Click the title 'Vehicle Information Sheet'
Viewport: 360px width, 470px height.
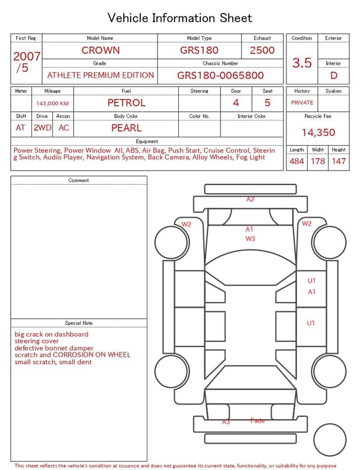point(180,17)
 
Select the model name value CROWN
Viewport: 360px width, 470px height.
point(100,50)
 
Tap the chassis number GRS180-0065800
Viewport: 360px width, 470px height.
point(220,75)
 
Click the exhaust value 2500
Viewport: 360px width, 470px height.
point(262,50)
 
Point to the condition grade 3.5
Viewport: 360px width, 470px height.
point(302,63)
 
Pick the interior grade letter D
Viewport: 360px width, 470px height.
point(334,75)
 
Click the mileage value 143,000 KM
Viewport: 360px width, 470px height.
point(52,104)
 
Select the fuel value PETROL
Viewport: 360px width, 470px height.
point(127,102)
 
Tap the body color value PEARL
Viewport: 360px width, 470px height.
point(127,128)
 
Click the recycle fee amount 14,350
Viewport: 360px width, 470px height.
point(318,133)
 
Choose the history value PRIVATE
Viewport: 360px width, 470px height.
point(302,103)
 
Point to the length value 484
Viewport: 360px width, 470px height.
point(296,162)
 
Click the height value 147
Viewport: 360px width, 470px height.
point(339,162)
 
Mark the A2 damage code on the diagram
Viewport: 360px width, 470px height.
point(250,199)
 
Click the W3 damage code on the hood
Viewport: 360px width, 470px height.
point(250,239)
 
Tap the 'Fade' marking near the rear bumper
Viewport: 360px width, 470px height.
point(258,420)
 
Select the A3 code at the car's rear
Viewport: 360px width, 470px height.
point(226,422)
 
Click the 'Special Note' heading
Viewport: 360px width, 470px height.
point(79,323)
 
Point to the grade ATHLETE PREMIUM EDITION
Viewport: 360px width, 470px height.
point(100,75)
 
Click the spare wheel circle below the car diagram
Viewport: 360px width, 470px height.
point(330,440)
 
